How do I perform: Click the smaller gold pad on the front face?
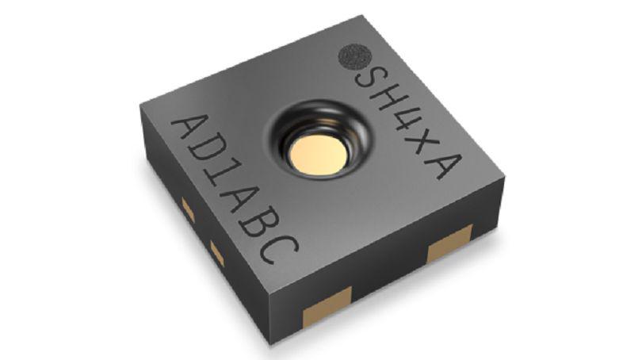pos(327,307)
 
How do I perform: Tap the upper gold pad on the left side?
pos(188,210)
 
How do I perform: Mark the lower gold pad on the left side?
pos(216,253)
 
